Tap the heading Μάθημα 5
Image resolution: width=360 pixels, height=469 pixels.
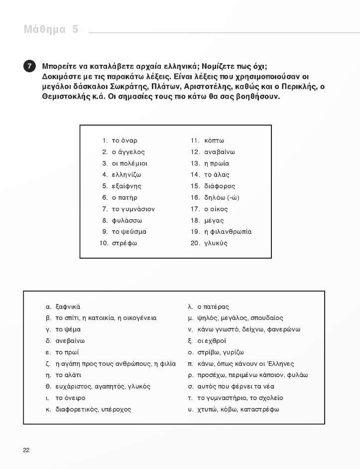click(x=51, y=29)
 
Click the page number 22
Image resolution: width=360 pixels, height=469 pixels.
click(x=26, y=450)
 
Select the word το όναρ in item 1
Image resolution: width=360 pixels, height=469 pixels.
click(x=124, y=141)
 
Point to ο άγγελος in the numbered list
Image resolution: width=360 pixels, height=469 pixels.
click(x=128, y=152)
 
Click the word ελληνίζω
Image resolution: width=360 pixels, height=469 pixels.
click(x=126, y=175)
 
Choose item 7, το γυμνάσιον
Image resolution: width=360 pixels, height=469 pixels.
click(x=133, y=209)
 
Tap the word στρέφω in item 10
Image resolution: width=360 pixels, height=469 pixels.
click(x=124, y=243)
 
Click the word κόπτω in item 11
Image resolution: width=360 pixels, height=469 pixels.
click(x=214, y=141)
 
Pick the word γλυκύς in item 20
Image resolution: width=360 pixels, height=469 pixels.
click(x=216, y=243)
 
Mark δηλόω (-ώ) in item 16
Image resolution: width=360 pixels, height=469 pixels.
click(x=222, y=198)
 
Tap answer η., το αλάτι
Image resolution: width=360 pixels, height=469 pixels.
click(x=68, y=375)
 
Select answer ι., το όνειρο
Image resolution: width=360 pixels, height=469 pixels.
click(x=70, y=398)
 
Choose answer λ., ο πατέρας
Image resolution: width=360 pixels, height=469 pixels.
click(x=213, y=307)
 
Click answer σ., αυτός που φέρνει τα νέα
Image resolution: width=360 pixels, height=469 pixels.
click(x=236, y=386)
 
